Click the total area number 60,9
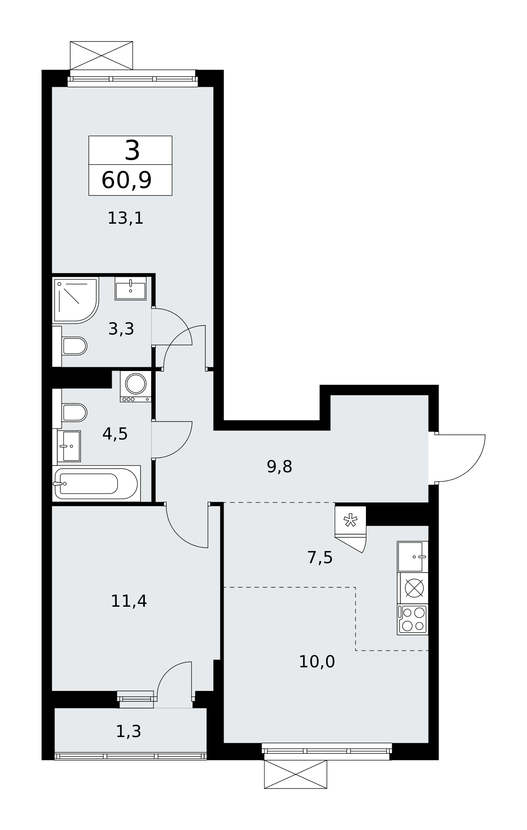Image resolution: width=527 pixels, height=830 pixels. click(x=127, y=181)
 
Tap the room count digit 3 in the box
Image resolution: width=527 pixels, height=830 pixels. click(x=132, y=151)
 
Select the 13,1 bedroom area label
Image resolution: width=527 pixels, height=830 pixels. click(x=125, y=218)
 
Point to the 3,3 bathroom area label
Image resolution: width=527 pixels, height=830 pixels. click(x=121, y=329)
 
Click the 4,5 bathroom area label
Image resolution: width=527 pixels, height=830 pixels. click(x=115, y=434)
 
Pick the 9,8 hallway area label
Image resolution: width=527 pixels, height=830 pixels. click(x=279, y=467)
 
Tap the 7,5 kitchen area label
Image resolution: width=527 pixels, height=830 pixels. click(x=320, y=557)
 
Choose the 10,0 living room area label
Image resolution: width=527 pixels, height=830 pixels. click(x=317, y=662)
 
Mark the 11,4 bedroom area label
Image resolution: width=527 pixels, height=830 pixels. click(x=129, y=601)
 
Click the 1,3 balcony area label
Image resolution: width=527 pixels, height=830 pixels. click(x=128, y=731)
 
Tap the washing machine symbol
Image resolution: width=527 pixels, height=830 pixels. click(x=136, y=386)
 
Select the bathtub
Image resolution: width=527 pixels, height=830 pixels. click(x=97, y=483)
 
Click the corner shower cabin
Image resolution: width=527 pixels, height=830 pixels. click(x=76, y=300)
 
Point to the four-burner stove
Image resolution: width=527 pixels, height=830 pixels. click(x=413, y=619)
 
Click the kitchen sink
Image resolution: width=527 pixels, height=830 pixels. click(x=412, y=557)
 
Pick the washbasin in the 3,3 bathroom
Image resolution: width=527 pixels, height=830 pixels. click(x=131, y=288)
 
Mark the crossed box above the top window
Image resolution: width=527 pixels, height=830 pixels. click(x=101, y=56)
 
